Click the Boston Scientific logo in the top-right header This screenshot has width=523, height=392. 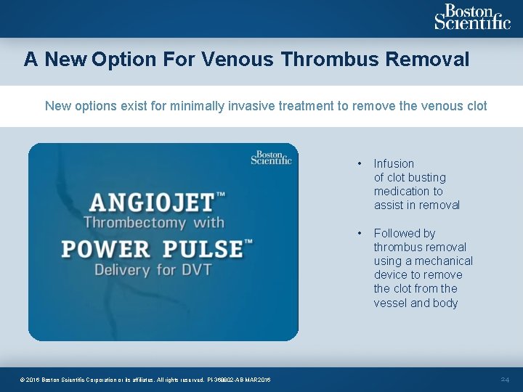point(472,17)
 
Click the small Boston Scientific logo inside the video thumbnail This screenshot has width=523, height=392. point(271,158)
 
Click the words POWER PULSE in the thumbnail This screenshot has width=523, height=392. point(153,248)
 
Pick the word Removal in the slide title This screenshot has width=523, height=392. point(428,59)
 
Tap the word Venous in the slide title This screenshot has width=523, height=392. point(238,59)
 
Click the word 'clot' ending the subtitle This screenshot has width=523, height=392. point(476,106)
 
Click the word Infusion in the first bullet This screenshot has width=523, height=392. point(394,164)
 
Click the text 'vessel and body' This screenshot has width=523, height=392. point(415,303)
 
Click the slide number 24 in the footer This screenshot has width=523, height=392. point(506,380)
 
